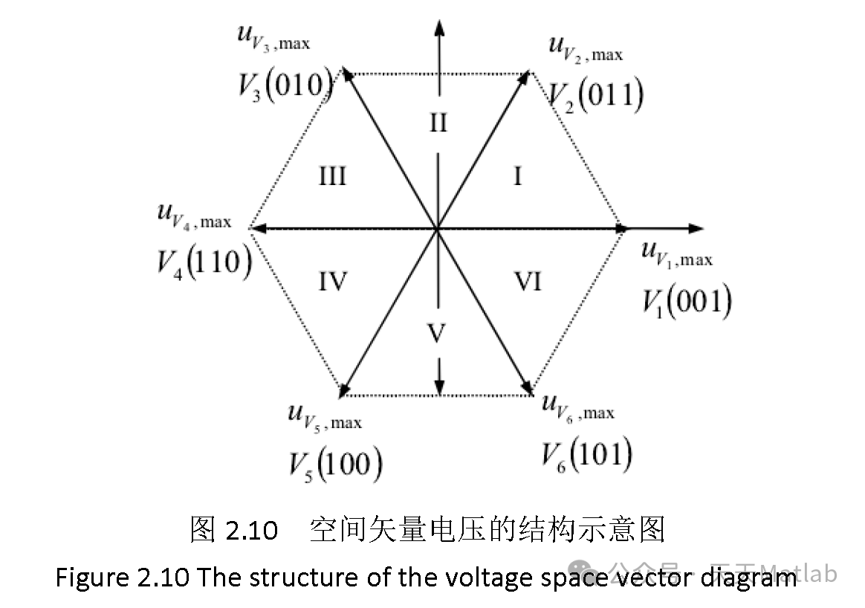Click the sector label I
518,177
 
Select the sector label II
438,122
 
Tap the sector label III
332,177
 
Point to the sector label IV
333,282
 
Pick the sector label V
438,334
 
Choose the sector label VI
528,282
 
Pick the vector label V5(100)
335,464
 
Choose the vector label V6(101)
586,455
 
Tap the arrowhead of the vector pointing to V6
528,387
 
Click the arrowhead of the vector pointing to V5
344,388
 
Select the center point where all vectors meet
438,229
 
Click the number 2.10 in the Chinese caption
252,531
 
